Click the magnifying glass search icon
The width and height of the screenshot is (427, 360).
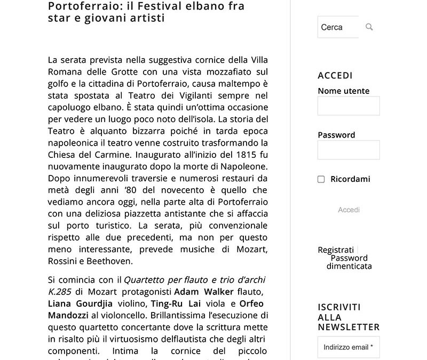(x=369, y=27)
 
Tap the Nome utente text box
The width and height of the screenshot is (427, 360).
(x=349, y=106)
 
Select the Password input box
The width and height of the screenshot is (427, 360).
(x=349, y=150)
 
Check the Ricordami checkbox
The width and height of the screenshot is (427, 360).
(x=321, y=179)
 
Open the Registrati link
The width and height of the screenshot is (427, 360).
(x=336, y=250)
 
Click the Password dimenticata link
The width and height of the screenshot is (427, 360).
(x=349, y=262)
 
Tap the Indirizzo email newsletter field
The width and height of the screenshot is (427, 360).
(x=349, y=347)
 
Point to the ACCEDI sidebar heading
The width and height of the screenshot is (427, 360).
(x=335, y=75)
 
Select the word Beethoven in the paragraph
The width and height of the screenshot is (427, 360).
(x=112, y=261)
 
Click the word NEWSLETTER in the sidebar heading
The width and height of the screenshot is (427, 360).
(x=349, y=327)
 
